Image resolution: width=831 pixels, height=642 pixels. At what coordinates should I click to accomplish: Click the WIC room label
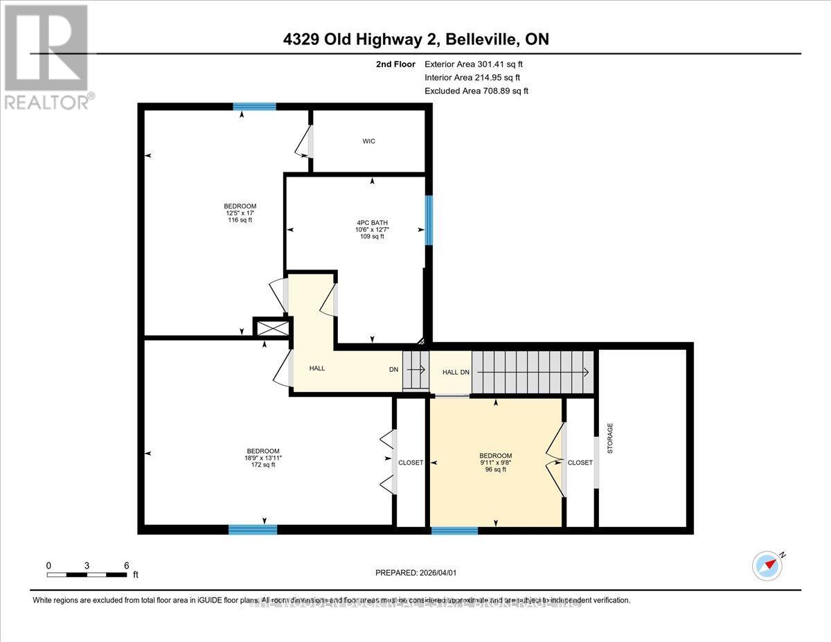pyautogui.click(x=368, y=141)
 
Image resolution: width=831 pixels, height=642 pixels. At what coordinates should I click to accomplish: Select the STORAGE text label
pyautogui.click(x=610, y=438)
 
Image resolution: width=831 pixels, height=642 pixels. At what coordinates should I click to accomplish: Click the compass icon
pyautogui.click(x=767, y=565)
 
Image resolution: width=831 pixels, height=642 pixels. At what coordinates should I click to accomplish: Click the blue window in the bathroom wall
pyautogui.click(x=429, y=220)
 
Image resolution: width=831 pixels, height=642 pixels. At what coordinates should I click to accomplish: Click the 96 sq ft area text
pyautogui.click(x=495, y=469)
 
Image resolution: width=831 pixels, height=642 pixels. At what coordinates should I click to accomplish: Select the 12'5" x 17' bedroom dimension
pyautogui.click(x=240, y=213)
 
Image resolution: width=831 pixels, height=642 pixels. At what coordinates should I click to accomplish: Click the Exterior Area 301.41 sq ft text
pyautogui.click(x=473, y=64)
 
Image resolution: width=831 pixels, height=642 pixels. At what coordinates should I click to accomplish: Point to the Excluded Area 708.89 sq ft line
pyautogui.click(x=476, y=91)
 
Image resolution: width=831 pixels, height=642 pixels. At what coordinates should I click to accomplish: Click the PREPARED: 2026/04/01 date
pyautogui.click(x=417, y=573)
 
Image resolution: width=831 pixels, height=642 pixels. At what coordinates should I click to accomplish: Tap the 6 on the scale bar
pyautogui.click(x=126, y=565)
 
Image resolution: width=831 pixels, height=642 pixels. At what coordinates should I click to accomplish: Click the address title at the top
pyautogui.click(x=415, y=39)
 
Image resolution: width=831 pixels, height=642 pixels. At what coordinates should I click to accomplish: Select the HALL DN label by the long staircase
pyautogui.click(x=456, y=372)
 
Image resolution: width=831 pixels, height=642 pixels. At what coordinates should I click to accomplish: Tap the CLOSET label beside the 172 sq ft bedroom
pyautogui.click(x=410, y=463)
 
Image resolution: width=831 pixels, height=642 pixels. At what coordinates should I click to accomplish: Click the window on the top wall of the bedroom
pyautogui.click(x=254, y=107)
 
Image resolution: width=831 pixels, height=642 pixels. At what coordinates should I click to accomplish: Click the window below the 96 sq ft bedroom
pyautogui.click(x=454, y=530)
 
